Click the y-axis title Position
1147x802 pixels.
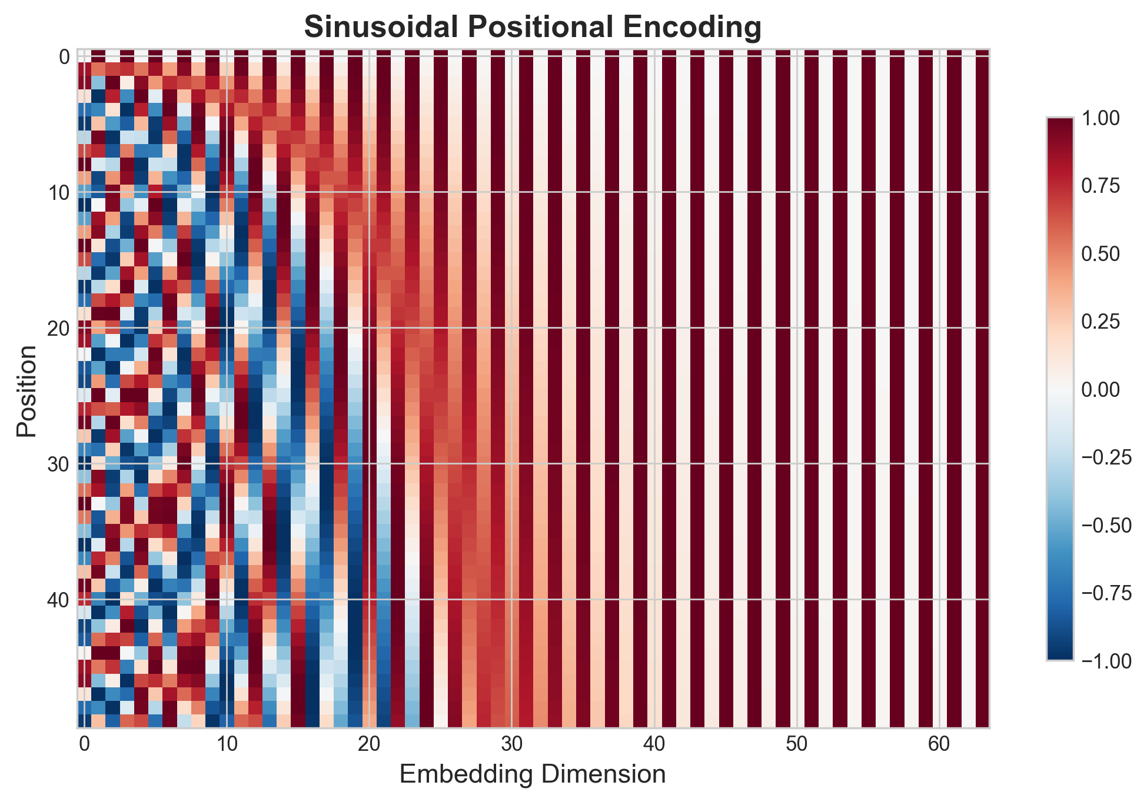27,391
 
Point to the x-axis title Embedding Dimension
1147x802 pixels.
533,774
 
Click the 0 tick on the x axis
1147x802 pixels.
84,744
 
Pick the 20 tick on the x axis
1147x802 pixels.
369,744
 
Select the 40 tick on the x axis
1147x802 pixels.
654,744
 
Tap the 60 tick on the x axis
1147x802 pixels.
939,744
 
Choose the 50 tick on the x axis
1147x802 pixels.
796,744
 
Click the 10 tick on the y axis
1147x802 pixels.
57,192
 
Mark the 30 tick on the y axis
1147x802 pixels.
57,464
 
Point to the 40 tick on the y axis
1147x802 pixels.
57,600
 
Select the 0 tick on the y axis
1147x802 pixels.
64,57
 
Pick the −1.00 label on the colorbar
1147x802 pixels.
1106,661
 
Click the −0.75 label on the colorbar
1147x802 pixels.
1106,593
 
